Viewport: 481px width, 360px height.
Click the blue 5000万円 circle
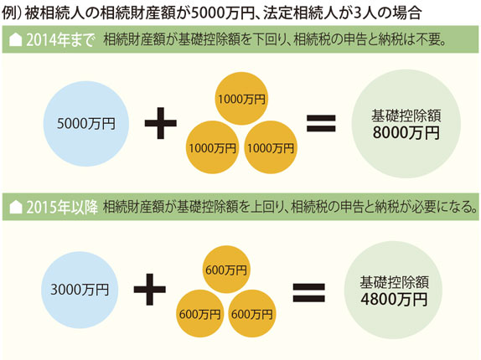coord(85,124)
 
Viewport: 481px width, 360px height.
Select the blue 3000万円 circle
coord(80,290)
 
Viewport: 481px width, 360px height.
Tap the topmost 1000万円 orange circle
coord(241,99)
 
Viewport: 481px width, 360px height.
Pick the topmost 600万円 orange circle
coord(226,270)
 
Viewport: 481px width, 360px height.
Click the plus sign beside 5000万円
coord(160,123)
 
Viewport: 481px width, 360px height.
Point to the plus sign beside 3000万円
coord(150,290)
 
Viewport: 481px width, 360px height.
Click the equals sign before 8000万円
coord(321,123)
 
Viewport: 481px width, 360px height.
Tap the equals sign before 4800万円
coord(308,292)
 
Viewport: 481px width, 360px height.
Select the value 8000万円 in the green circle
coord(406,133)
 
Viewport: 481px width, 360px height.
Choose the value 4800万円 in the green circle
coord(394,300)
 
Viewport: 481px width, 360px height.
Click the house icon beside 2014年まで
coord(15,40)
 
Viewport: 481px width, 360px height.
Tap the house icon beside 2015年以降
coord(16,208)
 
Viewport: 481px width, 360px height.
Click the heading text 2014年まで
coord(60,40)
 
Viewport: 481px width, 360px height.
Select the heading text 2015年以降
coord(62,208)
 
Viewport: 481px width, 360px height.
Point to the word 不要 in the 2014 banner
coord(428,40)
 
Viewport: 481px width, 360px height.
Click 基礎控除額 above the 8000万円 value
coord(406,116)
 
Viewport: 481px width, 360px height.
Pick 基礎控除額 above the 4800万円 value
coord(394,282)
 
